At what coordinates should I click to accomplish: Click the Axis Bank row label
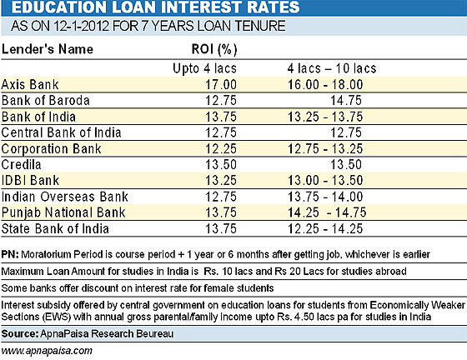coord(30,84)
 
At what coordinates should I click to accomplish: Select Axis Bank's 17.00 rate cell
coord(221,84)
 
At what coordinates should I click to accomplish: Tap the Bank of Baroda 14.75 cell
coord(346,101)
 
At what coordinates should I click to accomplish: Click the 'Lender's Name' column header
coord(48,49)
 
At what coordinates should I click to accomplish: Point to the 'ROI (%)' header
coord(214,49)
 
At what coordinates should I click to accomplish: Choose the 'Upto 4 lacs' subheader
coord(204,68)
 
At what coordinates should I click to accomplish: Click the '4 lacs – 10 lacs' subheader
coord(332,68)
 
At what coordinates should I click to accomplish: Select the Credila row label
coord(21,164)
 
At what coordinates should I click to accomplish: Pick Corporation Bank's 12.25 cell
coord(221,149)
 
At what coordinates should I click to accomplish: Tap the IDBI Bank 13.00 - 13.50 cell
coord(325,181)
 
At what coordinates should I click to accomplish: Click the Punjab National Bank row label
coord(63,212)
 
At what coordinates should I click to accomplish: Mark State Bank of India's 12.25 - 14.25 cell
coord(325,229)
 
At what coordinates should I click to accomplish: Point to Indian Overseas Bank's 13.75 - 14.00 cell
coord(325,197)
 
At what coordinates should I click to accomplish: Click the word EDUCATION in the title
coord(58,7)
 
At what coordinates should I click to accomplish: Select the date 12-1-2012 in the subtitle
coord(82,26)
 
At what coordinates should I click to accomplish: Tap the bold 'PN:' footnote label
coord(10,254)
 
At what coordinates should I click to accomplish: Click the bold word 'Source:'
coord(20,334)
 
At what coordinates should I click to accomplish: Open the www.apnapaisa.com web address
coord(47,351)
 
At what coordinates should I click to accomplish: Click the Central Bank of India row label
coord(61,132)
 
